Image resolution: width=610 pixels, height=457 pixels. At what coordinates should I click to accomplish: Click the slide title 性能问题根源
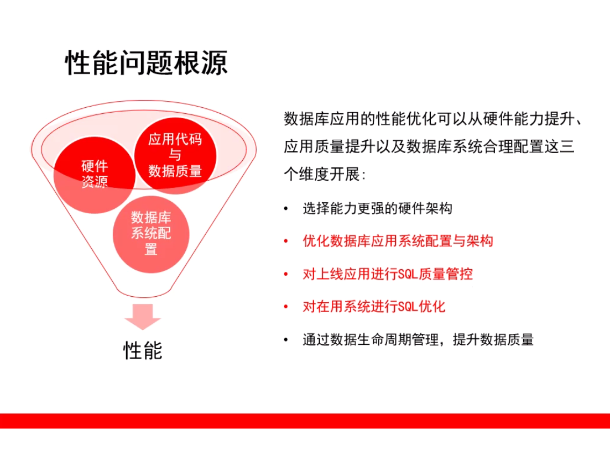[x=146, y=62]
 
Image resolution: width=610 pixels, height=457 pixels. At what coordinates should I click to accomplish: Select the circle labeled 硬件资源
[x=94, y=175]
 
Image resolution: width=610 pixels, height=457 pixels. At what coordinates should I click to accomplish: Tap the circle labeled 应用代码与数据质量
[x=175, y=155]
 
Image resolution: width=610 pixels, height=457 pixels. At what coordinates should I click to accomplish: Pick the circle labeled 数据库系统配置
[x=151, y=234]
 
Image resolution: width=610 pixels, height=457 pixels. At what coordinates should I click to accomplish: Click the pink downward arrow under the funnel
[x=142, y=317]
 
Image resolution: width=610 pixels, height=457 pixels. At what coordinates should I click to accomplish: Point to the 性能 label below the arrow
[x=142, y=350]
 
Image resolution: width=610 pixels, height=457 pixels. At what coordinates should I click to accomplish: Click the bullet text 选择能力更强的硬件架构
[x=377, y=209]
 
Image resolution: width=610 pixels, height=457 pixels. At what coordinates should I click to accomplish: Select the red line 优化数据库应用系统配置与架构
[x=398, y=241]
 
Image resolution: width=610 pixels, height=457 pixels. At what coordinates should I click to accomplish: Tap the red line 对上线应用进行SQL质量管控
[x=388, y=274]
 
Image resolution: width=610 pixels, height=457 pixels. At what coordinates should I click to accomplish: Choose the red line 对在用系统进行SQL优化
[x=374, y=307]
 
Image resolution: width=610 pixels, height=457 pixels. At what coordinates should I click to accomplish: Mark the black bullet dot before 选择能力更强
[x=286, y=209]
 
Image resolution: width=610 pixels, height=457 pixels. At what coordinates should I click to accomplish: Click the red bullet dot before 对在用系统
[x=286, y=307]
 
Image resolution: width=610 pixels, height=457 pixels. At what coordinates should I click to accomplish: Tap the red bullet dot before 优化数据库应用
[x=286, y=241]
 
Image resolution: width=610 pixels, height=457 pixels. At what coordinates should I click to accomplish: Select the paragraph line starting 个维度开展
[x=325, y=174]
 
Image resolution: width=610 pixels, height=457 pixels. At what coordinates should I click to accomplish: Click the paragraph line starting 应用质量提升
[x=429, y=146]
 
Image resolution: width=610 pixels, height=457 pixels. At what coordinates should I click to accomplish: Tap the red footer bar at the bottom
[x=305, y=421]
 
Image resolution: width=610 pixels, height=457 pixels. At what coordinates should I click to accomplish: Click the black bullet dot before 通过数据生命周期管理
[x=286, y=340]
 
